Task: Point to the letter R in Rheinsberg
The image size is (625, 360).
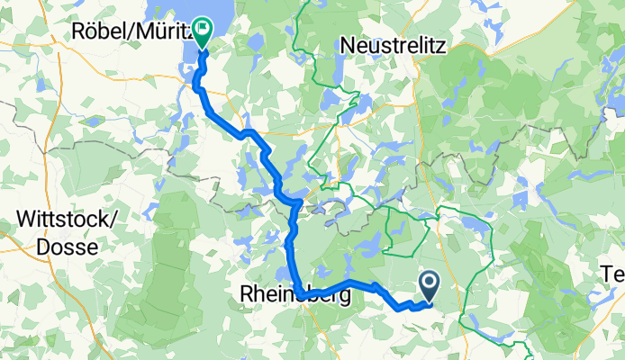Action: tap(247, 293)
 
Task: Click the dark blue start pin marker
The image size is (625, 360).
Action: tap(430, 286)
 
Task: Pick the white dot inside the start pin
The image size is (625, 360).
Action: tap(430, 283)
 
